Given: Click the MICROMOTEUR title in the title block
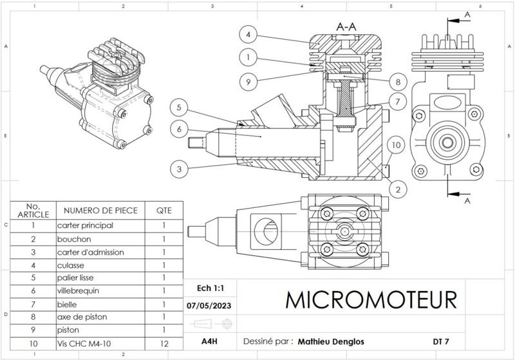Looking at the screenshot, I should coord(370,299).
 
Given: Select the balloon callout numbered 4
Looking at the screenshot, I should coord(248,34).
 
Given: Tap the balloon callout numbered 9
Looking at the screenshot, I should coord(248,81).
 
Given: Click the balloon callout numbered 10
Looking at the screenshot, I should coord(397,146).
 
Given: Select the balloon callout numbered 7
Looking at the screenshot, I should coord(398,102).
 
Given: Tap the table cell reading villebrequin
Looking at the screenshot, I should coord(78,290).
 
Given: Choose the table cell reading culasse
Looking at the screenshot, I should coord(70,265).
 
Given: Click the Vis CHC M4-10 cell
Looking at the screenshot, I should coord(81,344).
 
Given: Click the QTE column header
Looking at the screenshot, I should coord(164,210).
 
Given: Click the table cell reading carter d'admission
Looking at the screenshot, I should coord(90,252).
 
